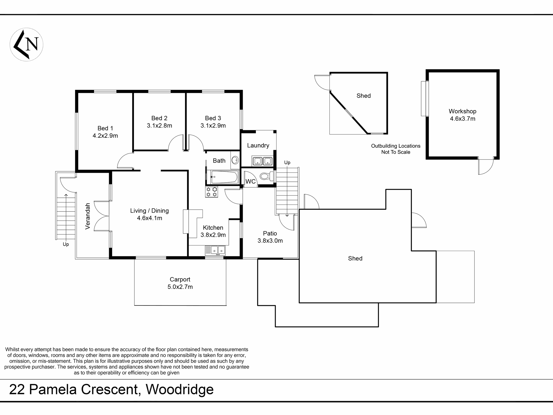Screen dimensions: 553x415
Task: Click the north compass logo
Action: [x=26, y=45]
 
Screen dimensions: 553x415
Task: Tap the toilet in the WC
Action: [x=266, y=176]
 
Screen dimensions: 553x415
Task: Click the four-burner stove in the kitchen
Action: [x=212, y=192]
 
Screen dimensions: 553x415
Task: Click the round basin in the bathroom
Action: [x=235, y=160]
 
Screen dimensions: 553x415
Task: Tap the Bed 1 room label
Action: [x=105, y=128]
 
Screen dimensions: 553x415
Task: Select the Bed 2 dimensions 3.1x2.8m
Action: [x=159, y=126]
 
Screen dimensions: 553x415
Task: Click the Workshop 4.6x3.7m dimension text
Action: [x=462, y=119]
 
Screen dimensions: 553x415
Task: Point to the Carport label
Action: [x=180, y=279]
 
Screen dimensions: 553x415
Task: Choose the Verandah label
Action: [x=88, y=216]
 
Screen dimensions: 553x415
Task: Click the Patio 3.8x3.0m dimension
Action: [x=270, y=241]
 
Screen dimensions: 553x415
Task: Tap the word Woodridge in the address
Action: [x=180, y=389]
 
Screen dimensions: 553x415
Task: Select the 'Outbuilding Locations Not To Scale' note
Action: [x=396, y=149]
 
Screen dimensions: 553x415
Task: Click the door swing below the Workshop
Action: [x=486, y=166]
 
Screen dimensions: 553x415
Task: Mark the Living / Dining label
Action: [x=149, y=211]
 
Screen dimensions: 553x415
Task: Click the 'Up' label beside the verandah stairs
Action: [x=66, y=244]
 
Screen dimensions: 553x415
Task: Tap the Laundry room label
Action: [x=258, y=145]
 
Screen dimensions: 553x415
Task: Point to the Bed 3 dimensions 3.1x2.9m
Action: [x=213, y=126]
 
